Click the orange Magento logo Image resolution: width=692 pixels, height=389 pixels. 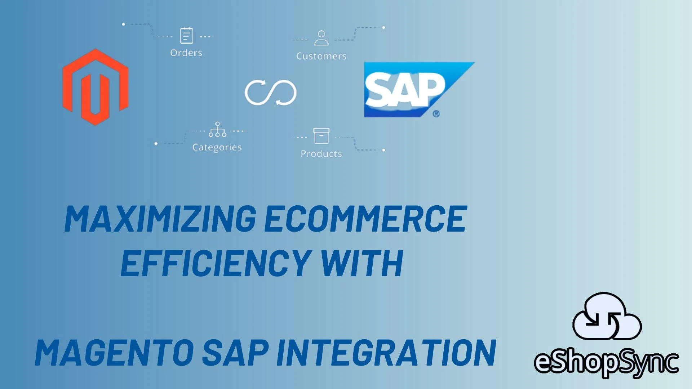click(x=96, y=87)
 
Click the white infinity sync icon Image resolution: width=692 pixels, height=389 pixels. click(x=271, y=93)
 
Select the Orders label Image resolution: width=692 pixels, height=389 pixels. click(x=186, y=53)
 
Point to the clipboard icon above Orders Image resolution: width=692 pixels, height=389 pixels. click(x=186, y=36)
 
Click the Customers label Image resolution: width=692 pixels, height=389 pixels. click(x=321, y=56)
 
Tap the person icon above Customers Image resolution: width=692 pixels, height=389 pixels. click(x=321, y=38)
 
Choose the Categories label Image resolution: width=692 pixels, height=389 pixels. click(x=217, y=147)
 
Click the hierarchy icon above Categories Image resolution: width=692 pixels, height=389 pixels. click(x=217, y=130)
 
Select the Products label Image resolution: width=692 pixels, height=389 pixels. click(x=321, y=154)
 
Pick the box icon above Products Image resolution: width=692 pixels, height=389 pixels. click(x=321, y=136)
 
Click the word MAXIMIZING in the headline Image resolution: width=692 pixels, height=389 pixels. click(x=160, y=219)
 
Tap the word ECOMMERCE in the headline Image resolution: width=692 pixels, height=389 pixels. click(x=365, y=219)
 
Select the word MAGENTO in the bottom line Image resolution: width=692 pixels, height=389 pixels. click(x=114, y=353)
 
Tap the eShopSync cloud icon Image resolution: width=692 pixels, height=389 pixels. click(x=607, y=317)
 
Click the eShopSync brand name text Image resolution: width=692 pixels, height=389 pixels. click(x=606, y=362)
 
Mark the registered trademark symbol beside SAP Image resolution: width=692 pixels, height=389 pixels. click(x=436, y=114)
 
